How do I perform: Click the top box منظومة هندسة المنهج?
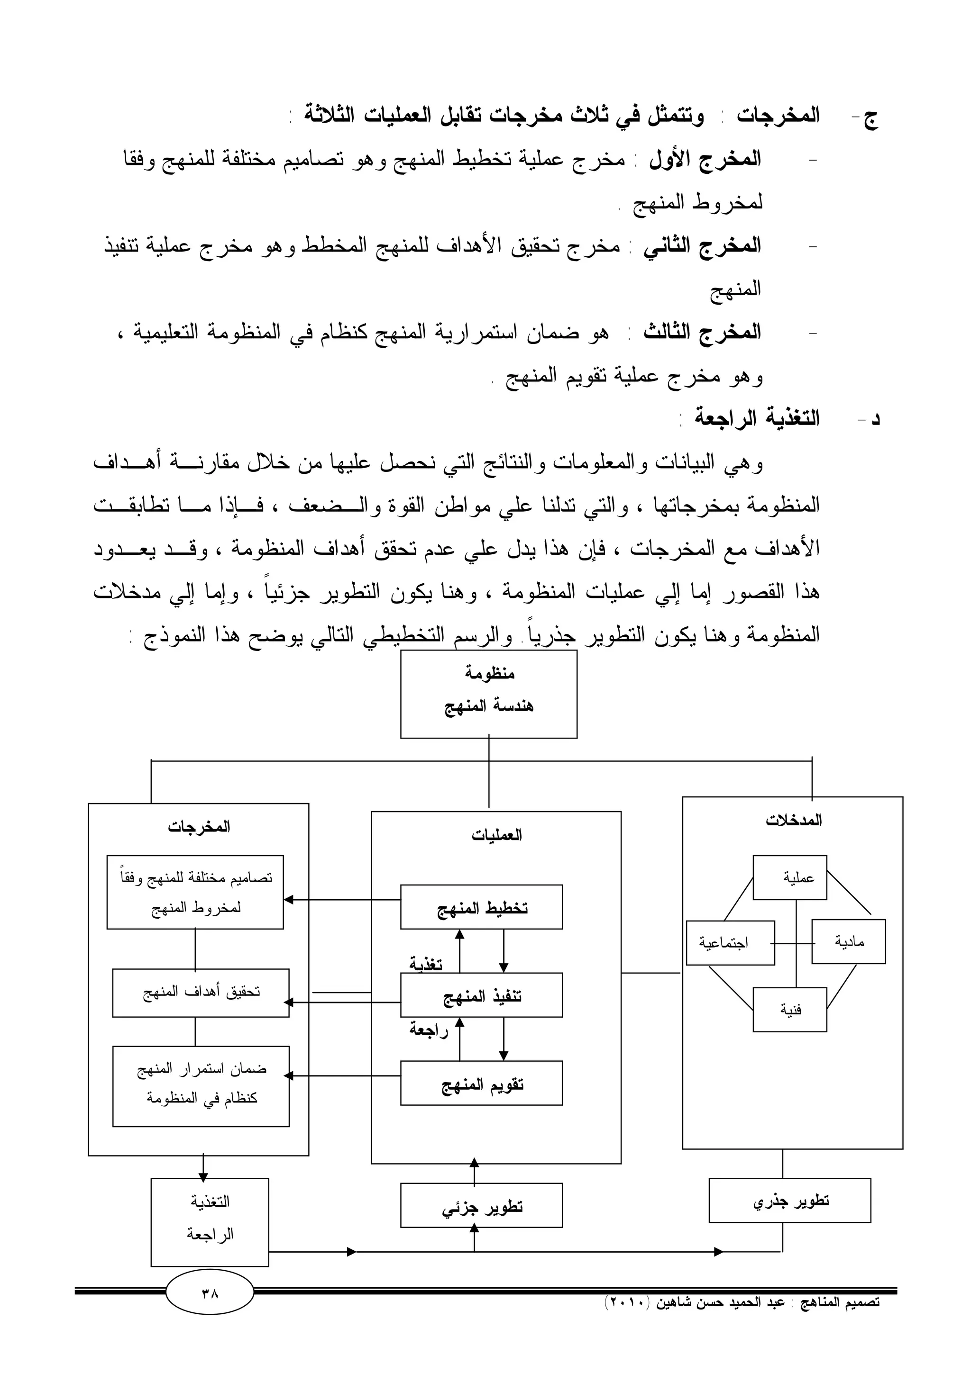(488, 694)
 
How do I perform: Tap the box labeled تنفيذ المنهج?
(481, 995)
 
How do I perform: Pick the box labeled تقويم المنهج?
(481, 1083)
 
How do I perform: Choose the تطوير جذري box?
(790, 1200)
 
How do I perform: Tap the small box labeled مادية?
(848, 942)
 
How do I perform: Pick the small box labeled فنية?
(790, 1010)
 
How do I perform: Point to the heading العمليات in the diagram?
(496, 835)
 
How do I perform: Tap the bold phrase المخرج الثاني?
(702, 246)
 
